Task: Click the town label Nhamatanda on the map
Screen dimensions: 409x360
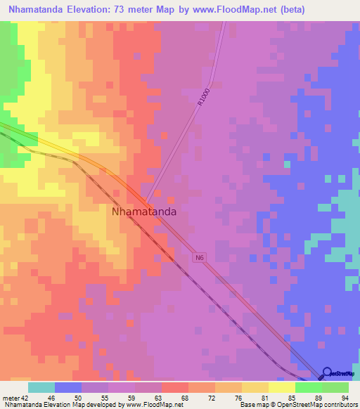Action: [x=143, y=210]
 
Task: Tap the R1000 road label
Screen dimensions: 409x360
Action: [x=203, y=96]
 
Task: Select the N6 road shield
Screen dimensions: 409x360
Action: [x=200, y=258]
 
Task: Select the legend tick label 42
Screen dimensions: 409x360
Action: [x=25, y=397]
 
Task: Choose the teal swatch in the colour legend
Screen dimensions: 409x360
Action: [x=41, y=387]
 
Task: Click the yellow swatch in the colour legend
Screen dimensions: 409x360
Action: [x=282, y=387]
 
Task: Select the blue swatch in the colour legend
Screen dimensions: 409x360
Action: [x=68, y=387]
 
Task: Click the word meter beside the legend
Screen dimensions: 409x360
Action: [x=10, y=397]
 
